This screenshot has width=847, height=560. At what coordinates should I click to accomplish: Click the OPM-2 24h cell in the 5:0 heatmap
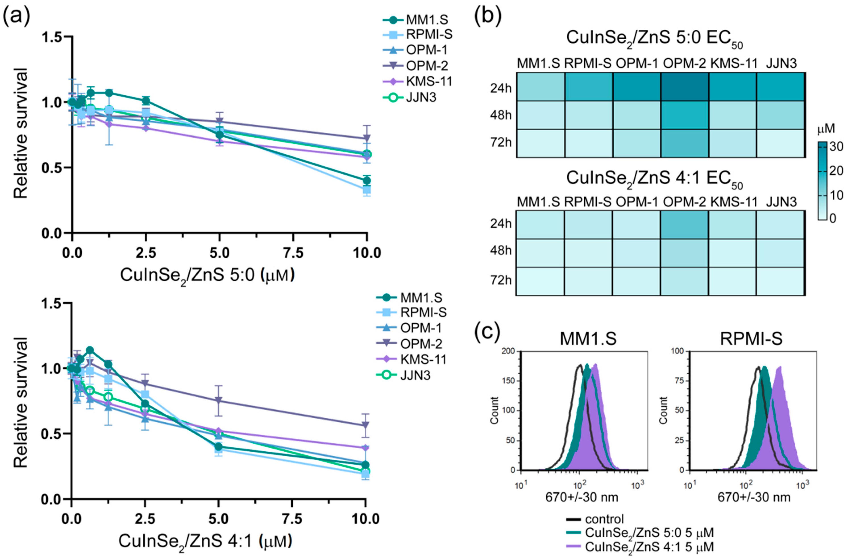click(685, 87)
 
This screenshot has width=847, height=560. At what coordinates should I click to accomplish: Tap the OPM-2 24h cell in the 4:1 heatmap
click(685, 225)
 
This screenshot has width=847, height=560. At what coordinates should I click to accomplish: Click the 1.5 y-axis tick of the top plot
click(53, 37)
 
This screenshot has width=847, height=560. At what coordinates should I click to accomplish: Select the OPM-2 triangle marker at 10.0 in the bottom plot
click(365, 425)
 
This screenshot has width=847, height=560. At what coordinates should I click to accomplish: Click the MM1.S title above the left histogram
click(588, 339)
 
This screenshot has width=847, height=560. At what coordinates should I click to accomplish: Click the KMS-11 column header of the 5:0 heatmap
click(734, 64)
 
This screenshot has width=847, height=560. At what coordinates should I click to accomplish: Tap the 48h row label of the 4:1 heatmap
click(501, 251)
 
